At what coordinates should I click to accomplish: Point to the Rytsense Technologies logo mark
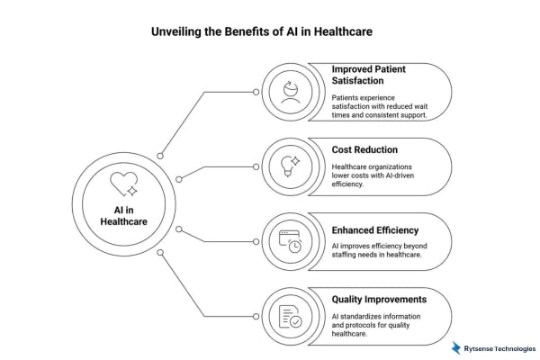coord(457,347)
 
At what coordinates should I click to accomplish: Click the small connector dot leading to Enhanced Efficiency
coord(179,229)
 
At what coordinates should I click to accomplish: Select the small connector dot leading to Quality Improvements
coord(160,253)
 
